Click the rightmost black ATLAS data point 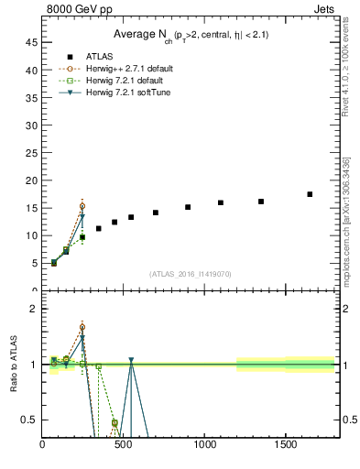tap(310, 194)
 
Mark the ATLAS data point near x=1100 tap(221, 202)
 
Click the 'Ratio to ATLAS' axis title tap(14, 365)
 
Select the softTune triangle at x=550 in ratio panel tap(131, 361)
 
